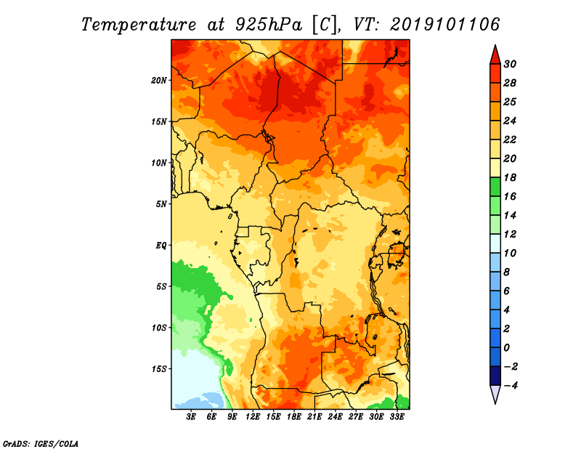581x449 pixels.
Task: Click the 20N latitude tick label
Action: coord(159,81)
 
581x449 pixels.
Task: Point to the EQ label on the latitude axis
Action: coord(161,246)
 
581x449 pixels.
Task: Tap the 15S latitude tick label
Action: coord(159,369)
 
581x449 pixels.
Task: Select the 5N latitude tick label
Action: coord(161,204)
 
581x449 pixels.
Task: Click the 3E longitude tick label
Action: coord(191,416)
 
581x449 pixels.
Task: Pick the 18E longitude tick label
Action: coord(294,416)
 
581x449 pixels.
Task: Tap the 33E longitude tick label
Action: coord(397,416)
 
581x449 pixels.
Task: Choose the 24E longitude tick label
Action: coord(335,416)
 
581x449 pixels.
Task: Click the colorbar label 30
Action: coord(510,64)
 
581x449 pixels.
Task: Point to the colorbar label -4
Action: coord(511,386)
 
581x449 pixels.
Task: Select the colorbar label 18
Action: coord(510,177)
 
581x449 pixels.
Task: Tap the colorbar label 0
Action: coord(506,348)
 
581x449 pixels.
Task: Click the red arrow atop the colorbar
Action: coord(495,55)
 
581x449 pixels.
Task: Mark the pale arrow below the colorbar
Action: coord(495,394)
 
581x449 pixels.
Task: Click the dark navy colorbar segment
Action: coord(495,376)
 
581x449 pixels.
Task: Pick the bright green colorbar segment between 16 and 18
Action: coord(495,187)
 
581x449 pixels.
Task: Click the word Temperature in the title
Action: coord(139,25)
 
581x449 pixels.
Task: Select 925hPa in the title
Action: coord(268,25)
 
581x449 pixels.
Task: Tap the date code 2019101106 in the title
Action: coord(445,25)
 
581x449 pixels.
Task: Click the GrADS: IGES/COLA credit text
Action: coord(41,444)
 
